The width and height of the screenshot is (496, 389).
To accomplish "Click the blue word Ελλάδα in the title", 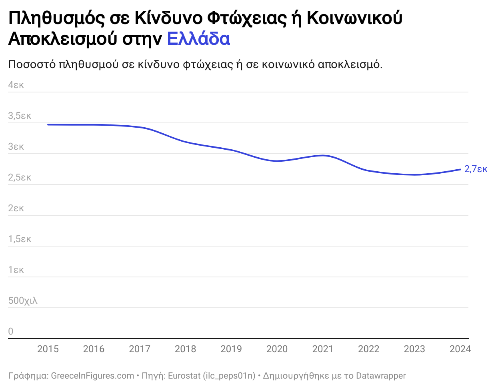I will (x=198, y=39).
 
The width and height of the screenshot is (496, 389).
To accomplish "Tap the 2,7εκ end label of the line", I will (x=476, y=169).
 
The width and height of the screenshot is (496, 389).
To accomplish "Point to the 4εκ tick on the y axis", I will (x=16, y=85).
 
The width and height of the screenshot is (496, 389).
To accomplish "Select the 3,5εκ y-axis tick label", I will (x=20, y=116).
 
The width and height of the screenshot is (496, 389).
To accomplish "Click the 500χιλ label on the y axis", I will (x=23, y=301).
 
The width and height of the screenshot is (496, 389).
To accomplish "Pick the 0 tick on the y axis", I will (x=11, y=331).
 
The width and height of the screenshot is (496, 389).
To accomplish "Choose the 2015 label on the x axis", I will (x=48, y=349).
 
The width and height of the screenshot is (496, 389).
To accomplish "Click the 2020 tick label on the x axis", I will (x=277, y=349).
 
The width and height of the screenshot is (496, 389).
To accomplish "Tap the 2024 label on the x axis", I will (x=460, y=349).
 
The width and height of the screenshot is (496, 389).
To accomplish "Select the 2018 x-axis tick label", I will (x=185, y=349).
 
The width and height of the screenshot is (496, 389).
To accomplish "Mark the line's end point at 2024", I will (x=460, y=169).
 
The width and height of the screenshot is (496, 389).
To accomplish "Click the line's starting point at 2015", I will (x=48, y=124).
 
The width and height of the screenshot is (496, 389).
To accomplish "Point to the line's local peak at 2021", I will (x=323, y=155).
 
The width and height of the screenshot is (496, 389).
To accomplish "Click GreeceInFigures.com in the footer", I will (x=92, y=376).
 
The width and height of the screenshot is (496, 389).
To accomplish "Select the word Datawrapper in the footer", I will (x=381, y=376).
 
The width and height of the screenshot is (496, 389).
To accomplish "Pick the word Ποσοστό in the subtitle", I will (x=32, y=64).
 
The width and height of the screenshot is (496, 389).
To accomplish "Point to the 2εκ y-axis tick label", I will (x=16, y=208).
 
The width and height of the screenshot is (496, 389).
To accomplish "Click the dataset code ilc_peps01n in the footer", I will (x=229, y=376).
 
